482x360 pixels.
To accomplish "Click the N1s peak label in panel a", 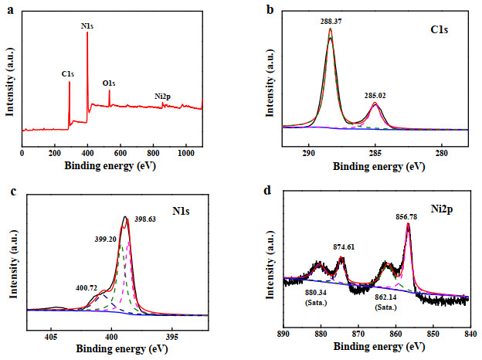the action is [x=87, y=26].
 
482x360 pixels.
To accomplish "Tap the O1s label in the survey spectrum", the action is [x=109, y=83].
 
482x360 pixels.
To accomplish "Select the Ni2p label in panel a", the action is [x=162, y=97].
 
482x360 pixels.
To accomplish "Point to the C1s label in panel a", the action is [x=68, y=74].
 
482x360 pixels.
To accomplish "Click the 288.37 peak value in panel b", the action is [x=331, y=21].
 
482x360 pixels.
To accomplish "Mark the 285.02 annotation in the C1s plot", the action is [x=375, y=96].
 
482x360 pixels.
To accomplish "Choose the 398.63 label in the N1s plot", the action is [x=145, y=219].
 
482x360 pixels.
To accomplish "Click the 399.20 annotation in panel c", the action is [x=105, y=239].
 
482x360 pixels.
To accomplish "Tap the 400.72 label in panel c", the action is [x=87, y=288].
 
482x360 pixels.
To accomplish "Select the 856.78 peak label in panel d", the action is [x=406, y=217].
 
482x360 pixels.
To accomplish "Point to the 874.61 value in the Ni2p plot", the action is [x=344, y=247].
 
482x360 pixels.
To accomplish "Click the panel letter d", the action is [x=267, y=190].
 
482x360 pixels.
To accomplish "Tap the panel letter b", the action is [x=270, y=10].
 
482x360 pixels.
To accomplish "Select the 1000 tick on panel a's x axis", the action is [x=185, y=153].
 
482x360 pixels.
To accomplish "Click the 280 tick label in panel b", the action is [x=442, y=153].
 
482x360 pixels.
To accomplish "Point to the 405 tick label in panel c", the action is [x=51, y=337].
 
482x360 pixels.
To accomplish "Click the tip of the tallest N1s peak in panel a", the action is [x=87, y=32].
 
